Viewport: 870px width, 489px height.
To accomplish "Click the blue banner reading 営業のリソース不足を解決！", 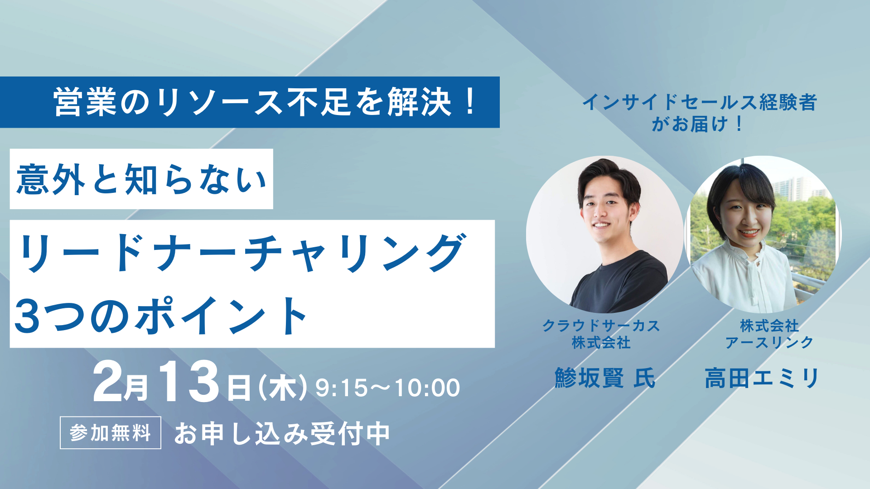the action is tap(250, 102).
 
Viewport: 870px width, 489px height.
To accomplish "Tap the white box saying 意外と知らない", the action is tap(141, 179).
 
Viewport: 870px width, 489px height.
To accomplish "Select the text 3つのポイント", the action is tap(161, 316).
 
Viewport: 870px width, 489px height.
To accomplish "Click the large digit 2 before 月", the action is tap(107, 382).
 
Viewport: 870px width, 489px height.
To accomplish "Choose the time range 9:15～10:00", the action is tap(388, 388).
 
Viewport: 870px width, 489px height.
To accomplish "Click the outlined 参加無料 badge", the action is tap(111, 433).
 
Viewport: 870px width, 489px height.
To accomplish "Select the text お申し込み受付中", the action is tap(282, 433).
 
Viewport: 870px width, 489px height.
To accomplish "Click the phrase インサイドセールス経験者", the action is tap(700, 102).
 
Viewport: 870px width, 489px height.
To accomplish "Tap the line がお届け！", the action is tap(697, 124).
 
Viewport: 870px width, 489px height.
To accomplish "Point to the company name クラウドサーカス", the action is tap(601, 326).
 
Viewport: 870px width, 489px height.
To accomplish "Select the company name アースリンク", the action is tap(769, 343).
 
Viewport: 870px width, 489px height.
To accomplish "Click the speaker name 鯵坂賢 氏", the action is tap(605, 378).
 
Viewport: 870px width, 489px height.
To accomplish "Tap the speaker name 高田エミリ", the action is tap(762, 378).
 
